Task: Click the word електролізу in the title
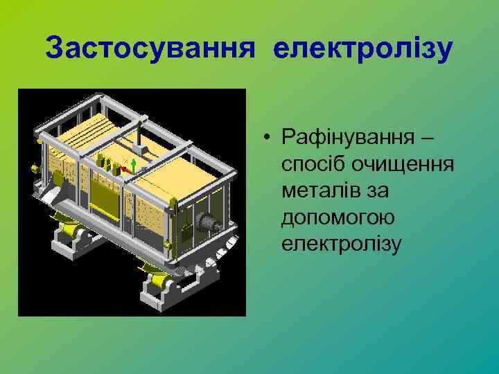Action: click(363, 48)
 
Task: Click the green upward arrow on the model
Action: click(133, 163)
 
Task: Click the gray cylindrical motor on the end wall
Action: click(210, 223)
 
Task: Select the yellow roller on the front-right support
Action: click(156, 280)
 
